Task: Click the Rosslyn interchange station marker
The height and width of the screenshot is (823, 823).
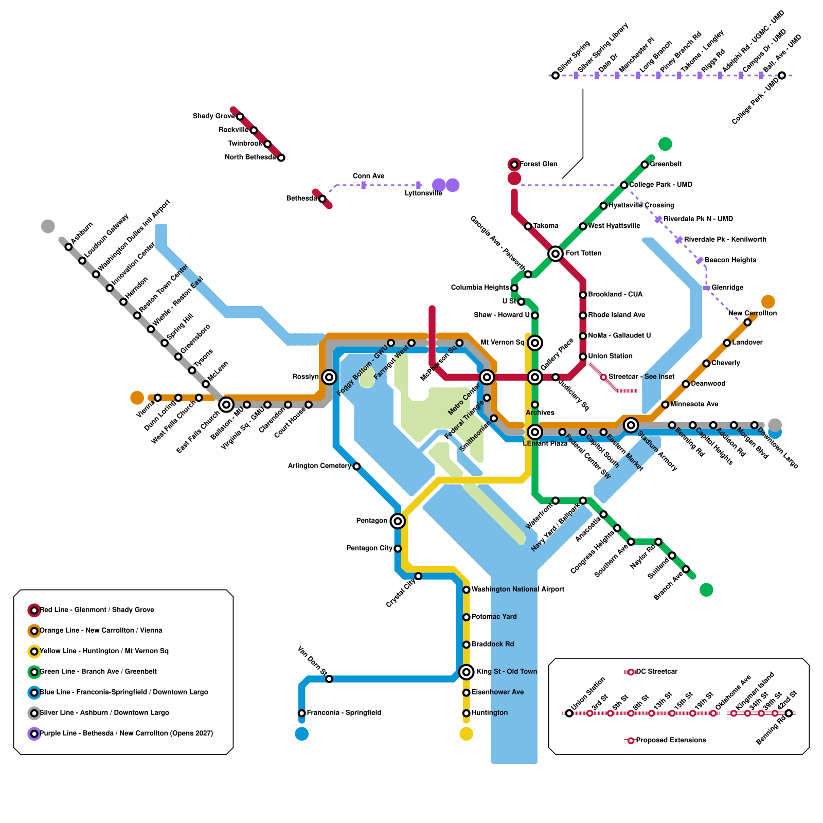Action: tap(329, 377)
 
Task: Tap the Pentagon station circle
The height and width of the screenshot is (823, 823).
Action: tap(397, 521)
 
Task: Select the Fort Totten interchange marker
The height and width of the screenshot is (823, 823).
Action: tap(555, 254)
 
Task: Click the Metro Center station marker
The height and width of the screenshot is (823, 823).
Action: tap(487, 377)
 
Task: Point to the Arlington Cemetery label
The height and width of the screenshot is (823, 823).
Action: tap(319, 466)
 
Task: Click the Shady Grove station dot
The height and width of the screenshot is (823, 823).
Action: tap(240, 117)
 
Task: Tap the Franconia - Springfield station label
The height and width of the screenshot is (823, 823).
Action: tap(344, 713)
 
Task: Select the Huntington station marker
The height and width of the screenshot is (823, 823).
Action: tap(466, 713)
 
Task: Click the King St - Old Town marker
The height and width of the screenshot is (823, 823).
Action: tap(466, 672)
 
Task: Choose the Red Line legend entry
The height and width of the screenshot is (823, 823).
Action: tap(97, 610)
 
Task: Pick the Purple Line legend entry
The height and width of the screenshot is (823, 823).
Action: tap(126, 733)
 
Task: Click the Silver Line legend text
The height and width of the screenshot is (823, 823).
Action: tap(104, 713)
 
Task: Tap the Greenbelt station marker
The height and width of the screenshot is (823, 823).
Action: tap(645, 165)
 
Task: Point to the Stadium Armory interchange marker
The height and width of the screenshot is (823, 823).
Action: tap(631, 425)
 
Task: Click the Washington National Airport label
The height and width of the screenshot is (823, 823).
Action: tap(517, 589)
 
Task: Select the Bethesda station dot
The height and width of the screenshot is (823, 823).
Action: tap(322, 199)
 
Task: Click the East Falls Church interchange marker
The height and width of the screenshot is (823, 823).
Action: tap(226, 405)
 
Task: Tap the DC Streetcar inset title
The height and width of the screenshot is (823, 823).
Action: tap(656, 672)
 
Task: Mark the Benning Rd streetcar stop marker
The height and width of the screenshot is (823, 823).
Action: tap(789, 713)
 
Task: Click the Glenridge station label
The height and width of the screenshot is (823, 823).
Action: tap(727, 288)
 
